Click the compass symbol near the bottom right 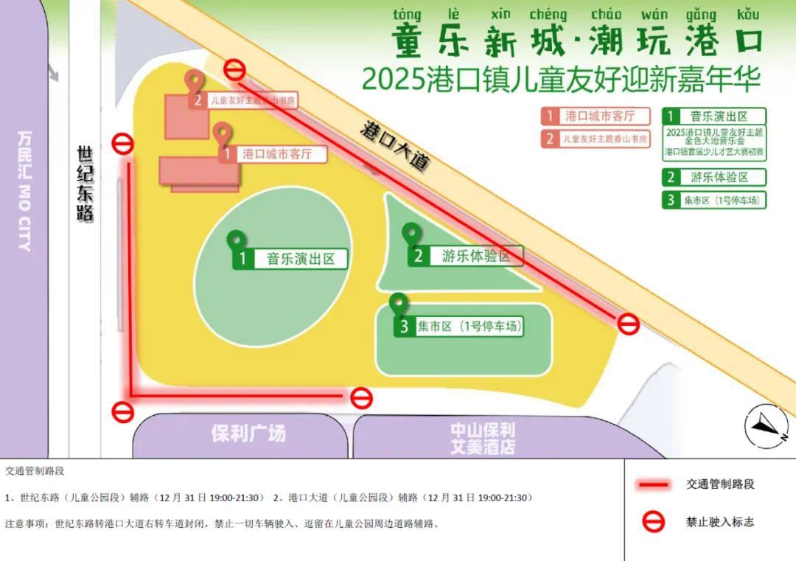point(766,426)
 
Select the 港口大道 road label point(394,145)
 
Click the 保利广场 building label point(248,433)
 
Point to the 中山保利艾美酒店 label point(483,438)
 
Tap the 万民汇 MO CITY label point(26,190)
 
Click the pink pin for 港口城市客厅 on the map point(223,133)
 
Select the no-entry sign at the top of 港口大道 point(235,69)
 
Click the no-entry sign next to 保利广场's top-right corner point(361,398)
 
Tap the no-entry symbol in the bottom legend point(653,522)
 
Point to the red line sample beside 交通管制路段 point(653,484)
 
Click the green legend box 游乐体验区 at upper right point(714,177)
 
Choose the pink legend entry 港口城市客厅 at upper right point(597,116)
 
